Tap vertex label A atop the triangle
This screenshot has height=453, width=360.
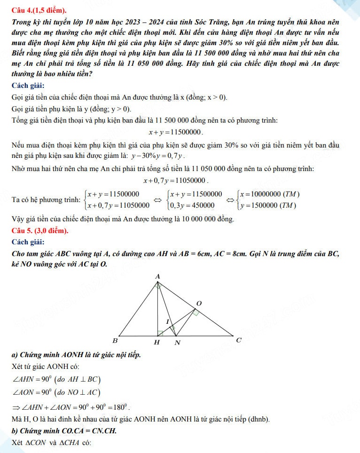157,277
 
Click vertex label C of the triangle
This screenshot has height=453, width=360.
238,340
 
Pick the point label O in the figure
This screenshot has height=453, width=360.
198,304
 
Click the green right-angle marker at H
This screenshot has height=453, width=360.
160,333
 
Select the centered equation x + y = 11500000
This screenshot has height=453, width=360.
176,133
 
